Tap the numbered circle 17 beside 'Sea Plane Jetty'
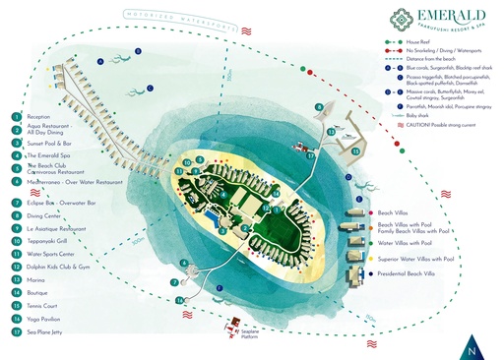[17, 333]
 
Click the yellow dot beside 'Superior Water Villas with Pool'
[371, 259]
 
